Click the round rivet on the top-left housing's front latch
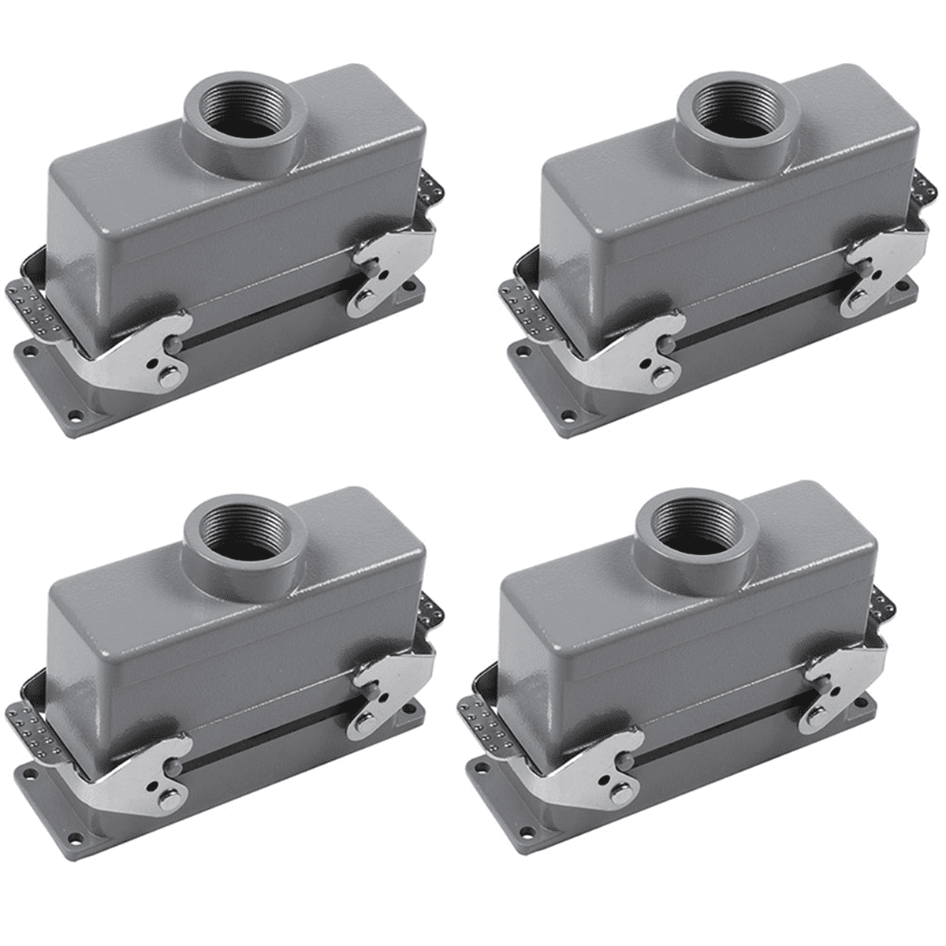pyautogui.click(x=169, y=377)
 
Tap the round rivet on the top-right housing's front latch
pyautogui.click(x=661, y=377)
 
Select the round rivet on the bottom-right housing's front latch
pyautogui.click(x=620, y=793)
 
